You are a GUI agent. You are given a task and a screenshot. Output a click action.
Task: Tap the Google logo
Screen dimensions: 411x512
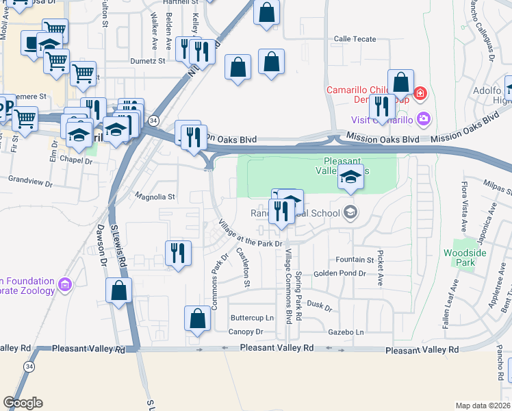coord(23,403)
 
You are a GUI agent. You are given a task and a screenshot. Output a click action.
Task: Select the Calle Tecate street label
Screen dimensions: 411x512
coord(355,39)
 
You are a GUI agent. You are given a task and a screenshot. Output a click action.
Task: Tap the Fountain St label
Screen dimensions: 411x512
coord(355,260)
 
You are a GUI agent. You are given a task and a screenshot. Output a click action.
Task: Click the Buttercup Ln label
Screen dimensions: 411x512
coord(251,318)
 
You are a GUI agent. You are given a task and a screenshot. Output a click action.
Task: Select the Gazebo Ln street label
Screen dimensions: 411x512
coord(346,332)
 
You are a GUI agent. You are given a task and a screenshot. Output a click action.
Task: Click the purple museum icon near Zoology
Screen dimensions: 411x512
coord(66,284)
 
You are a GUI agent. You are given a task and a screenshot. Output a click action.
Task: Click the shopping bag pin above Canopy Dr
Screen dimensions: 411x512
coord(197,319)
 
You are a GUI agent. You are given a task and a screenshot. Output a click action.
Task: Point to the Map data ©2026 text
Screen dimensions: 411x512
coord(483,406)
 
